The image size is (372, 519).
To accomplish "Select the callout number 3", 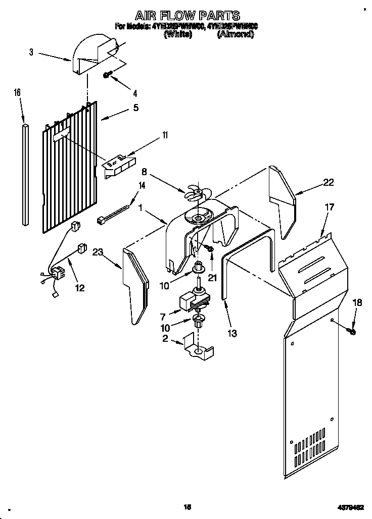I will tap(31, 51).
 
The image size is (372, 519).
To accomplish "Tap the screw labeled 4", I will tap(107, 75).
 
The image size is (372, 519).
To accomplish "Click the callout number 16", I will tap(17, 92).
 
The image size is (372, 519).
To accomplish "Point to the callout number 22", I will tap(328, 183).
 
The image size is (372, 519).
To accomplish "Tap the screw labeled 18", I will tap(352, 331).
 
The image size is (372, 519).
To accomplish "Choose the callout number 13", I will tap(232, 333).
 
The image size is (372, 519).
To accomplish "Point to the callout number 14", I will tap(142, 185).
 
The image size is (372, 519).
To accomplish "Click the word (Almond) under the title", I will tap(235, 35).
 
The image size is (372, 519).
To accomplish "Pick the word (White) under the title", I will tap(177, 35).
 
